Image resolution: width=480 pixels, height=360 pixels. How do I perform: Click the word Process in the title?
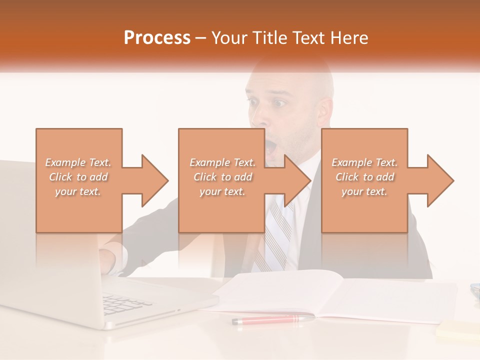pyautogui.click(x=157, y=38)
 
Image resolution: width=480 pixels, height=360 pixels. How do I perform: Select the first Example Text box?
pyautogui.click(x=78, y=180)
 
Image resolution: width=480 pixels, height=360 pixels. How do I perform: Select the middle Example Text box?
pyautogui.click(x=221, y=180)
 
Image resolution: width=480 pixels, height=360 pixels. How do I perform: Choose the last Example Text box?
pyautogui.click(x=364, y=180)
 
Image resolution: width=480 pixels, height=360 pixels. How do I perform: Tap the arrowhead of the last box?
pyautogui.click(x=440, y=180)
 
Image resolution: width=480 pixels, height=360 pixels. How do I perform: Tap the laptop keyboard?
pyautogui.click(x=125, y=302)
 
